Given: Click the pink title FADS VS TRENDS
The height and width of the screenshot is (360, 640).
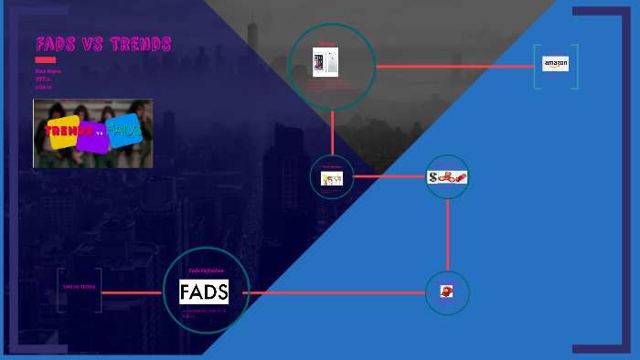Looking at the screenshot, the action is coord(103,45).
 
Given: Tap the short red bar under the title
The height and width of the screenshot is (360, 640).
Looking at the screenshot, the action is coord(46,59).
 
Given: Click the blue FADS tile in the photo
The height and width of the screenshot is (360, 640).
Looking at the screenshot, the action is coord(123,132).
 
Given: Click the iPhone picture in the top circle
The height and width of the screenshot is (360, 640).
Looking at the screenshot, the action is coord(325,62).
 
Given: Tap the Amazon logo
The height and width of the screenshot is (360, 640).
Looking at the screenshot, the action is coord(555,64).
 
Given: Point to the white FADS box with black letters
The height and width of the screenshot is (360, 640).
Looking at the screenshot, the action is coord(204,292).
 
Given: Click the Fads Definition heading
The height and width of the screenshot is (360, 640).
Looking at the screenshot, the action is coord(206,270).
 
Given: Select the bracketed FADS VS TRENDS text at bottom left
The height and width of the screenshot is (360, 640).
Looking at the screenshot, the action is coord(79,287).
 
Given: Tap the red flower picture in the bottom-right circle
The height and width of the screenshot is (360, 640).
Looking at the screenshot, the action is coord(447,292).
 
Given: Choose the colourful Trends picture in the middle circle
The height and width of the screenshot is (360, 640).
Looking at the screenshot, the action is coord(332,179).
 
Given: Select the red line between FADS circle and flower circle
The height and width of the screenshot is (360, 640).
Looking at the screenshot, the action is coord(338,293).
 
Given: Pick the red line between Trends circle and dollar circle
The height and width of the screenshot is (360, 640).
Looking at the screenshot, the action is coord(389,176).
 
